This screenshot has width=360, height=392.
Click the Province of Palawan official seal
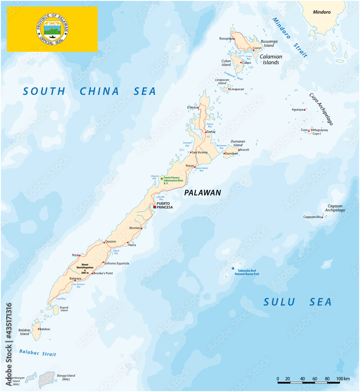coord(52,29)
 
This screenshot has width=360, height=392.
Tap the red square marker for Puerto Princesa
coord(155,207)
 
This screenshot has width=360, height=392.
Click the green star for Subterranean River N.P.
coord(161,179)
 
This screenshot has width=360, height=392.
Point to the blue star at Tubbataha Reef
coord(233,269)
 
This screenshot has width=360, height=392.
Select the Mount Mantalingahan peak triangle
coord(85,270)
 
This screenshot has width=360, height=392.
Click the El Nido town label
coord(192,107)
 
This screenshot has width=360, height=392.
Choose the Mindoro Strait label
coord(290,38)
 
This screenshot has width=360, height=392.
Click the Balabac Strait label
coord(38,352)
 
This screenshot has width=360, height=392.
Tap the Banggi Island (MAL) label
coord(65,377)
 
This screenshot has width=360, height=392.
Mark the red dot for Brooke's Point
coord(93,273)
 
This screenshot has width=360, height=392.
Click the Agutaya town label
coord(298,110)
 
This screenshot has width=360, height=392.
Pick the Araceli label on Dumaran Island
coord(244,150)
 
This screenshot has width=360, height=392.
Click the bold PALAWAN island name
coord(202,192)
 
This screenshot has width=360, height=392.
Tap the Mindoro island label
coord(322,12)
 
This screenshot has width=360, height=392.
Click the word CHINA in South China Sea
coord(100,91)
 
